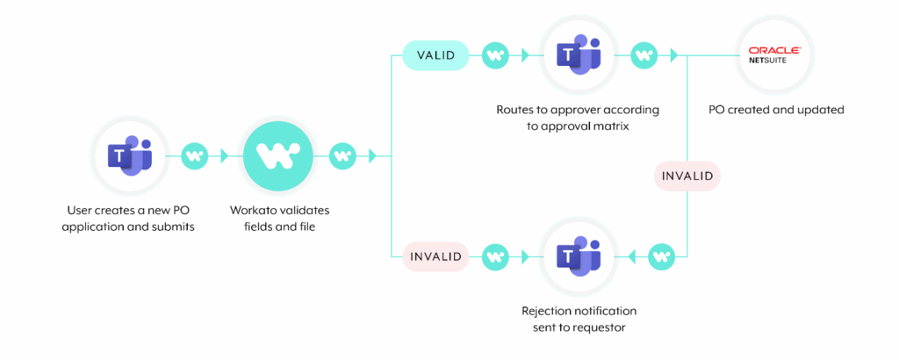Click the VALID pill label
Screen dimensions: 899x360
point(435,55)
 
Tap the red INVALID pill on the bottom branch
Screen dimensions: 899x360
point(435,256)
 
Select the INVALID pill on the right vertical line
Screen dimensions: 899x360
point(687,176)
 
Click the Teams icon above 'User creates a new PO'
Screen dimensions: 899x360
point(130,155)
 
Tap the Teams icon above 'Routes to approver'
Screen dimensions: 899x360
point(578,55)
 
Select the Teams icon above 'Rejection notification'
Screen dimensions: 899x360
point(578,256)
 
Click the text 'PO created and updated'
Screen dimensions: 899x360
point(776,110)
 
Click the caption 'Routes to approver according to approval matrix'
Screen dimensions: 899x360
point(578,118)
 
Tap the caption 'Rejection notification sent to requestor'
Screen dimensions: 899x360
point(579,320)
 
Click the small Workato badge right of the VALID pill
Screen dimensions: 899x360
point(497,55)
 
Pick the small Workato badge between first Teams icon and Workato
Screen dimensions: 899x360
point(196,155)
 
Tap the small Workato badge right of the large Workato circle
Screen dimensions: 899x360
point(343,155)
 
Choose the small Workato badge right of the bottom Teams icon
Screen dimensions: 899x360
point(662,256)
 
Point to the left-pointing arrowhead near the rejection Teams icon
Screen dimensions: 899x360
point(632,256)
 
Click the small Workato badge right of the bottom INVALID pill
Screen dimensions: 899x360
point(497,256)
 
